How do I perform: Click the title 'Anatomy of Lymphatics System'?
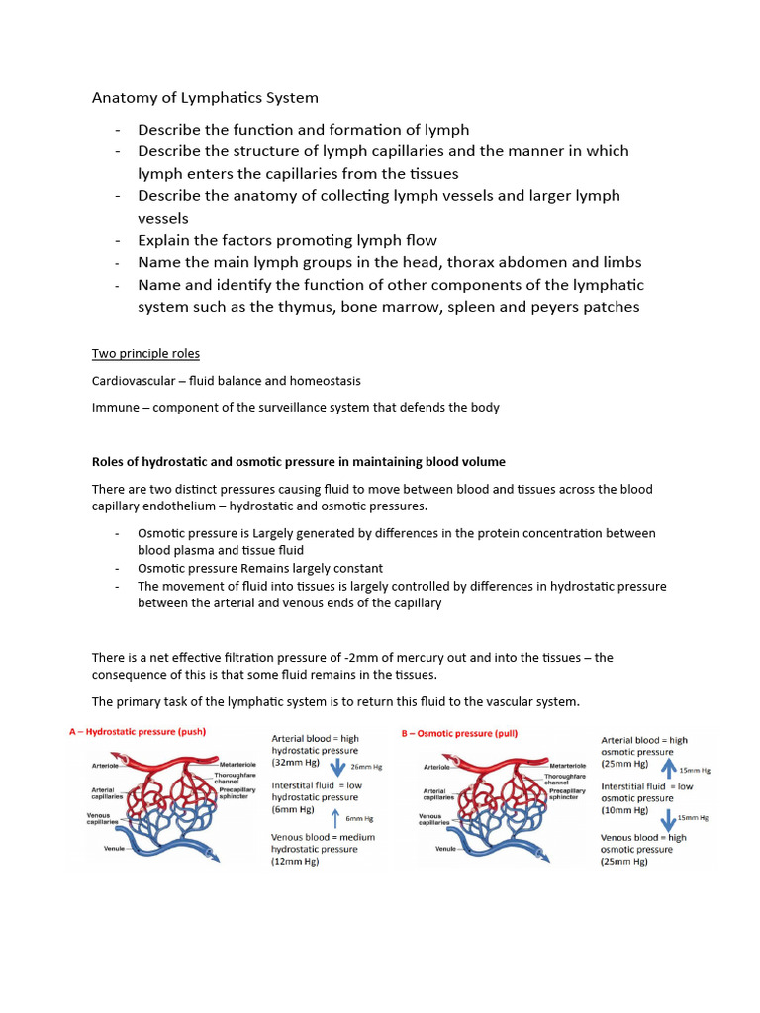pyautogui.click(x=205, y=98)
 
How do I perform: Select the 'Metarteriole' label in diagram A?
pyautogui.click(x=238, y=765)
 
